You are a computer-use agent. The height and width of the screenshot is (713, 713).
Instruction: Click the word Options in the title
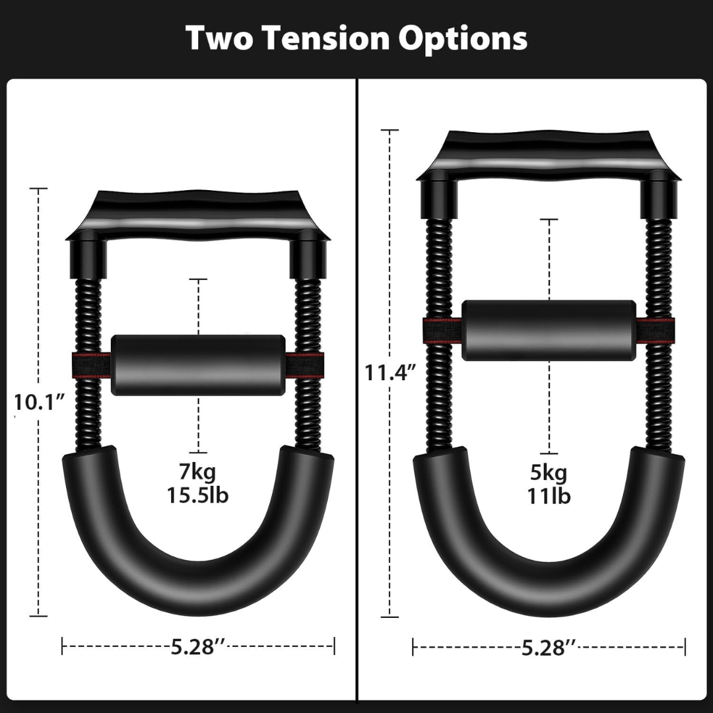point(461,40)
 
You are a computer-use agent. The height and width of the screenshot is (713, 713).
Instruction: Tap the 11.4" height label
point(390,373)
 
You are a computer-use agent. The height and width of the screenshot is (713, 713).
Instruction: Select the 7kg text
point(199,472)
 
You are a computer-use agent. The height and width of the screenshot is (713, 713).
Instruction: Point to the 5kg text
point(549,473)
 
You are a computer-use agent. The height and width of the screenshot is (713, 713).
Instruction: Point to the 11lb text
point(549,496)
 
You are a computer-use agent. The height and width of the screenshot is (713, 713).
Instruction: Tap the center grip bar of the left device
point(198,365)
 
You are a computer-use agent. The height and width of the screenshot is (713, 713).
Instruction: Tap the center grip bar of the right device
point(549,330)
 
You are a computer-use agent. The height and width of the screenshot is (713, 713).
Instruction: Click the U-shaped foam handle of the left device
point(198,574)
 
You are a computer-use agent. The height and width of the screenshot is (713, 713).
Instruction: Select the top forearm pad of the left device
point(198,215)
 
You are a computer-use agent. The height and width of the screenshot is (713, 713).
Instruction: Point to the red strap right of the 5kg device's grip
point(656,330)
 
